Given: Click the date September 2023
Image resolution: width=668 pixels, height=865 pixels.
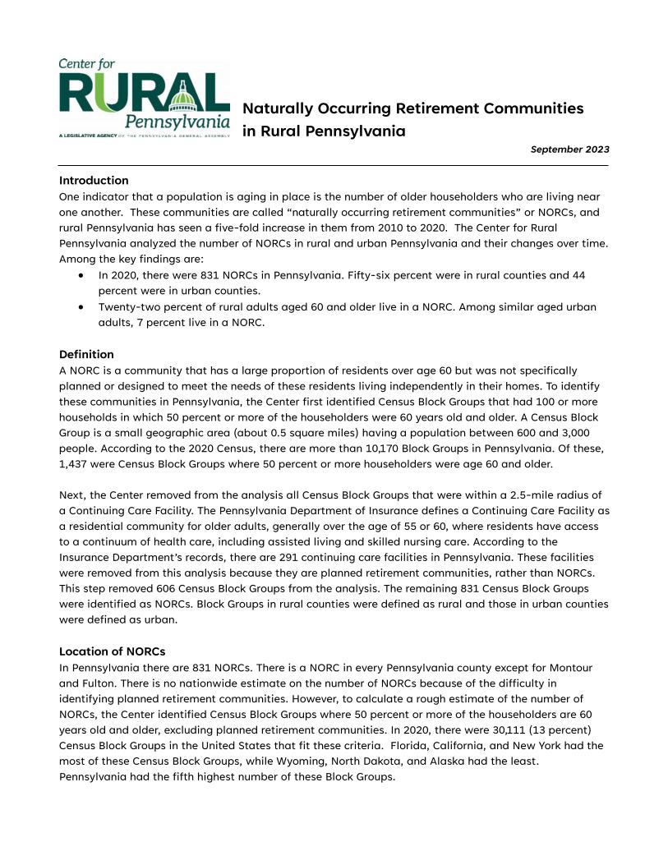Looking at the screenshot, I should pos(569,150).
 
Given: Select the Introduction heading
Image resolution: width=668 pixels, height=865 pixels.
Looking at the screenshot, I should pos(94,181).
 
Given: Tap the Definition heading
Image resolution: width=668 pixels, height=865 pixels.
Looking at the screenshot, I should pos(86,354).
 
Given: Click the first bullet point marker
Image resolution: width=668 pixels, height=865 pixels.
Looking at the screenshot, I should pos(81,276).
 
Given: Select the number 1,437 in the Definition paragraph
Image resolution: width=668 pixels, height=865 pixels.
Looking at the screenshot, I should pos(73,464).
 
